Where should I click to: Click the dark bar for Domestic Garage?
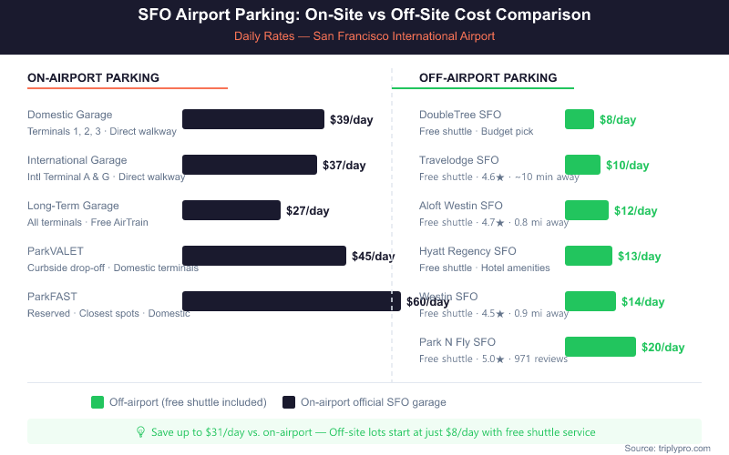click(x=253, y=119)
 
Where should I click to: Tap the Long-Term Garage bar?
click(x=231, y=210)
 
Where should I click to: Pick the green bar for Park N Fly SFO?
click(x=600, y=347)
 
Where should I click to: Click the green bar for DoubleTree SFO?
click(x=580, y=119)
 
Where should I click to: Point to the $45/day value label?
click(x=374, y=257)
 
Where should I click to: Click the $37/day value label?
click(x=344, y=166)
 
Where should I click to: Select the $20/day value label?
click(x=662, y=348)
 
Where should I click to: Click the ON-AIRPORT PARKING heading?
click(x=93, y=78)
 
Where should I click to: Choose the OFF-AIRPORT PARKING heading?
click(x=488, y=78)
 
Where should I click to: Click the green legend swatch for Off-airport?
click(x=98, y=402)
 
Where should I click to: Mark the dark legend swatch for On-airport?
click(x=289, y=402)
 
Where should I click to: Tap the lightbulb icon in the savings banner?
click(x=140, y=432)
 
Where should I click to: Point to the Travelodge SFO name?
click(x=458, y=160)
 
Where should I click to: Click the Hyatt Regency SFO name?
click(x=467, y=251)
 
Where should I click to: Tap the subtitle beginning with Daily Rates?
click(x=364, y=36)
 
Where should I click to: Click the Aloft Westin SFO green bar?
click(x=587, y=210)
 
